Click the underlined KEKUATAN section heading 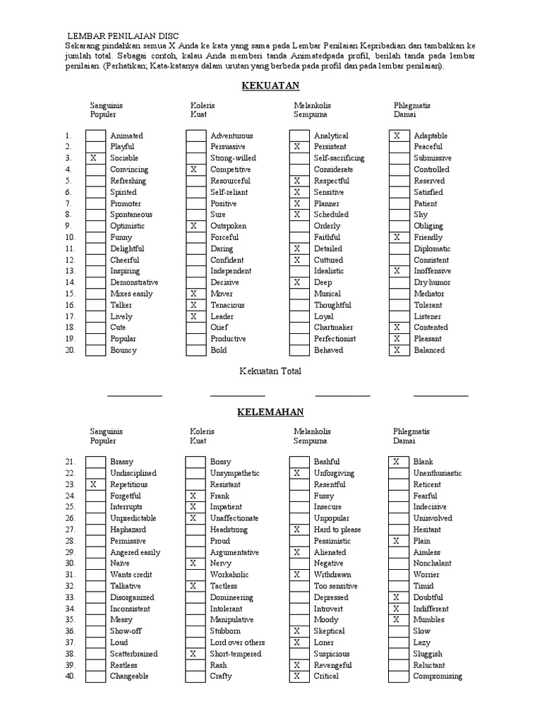click(271, 85)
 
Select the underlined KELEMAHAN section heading click(271, 412)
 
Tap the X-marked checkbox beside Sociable click(95, 158)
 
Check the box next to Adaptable click(398, 136)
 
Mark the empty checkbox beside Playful click(95, 147)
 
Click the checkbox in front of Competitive click(195, 169)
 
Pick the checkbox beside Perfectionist click(299, 339)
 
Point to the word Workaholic click(230, 575)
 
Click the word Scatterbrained click(133, 654)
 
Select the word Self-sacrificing click(339, 158)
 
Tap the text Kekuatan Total click(270, 371)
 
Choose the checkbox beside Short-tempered click(195, 654)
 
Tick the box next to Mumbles click(398, 620)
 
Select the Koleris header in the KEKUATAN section click(203, 105)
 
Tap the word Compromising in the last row click(438, 676)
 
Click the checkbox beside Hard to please click(299, 530)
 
